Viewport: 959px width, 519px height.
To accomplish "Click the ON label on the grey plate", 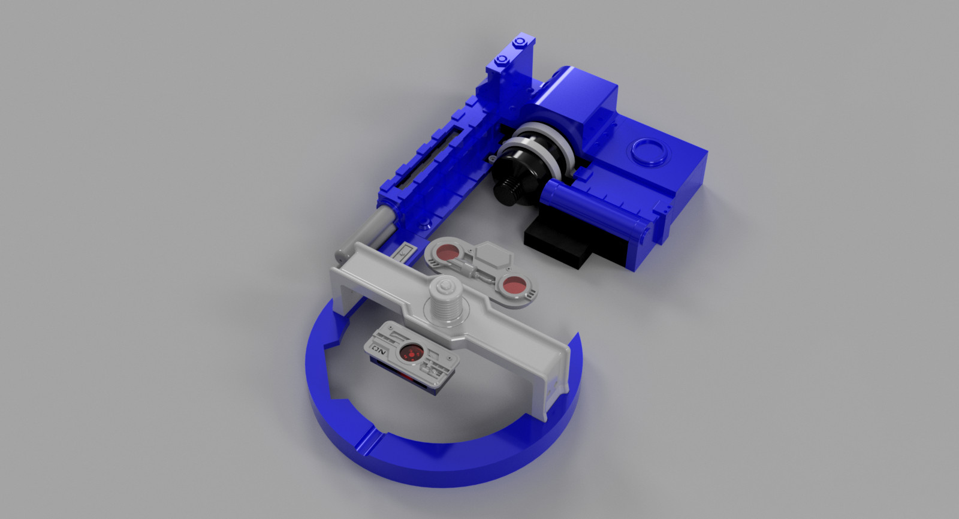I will tap(378, 346).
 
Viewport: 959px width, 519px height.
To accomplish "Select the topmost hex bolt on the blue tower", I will tap(521, 41).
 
